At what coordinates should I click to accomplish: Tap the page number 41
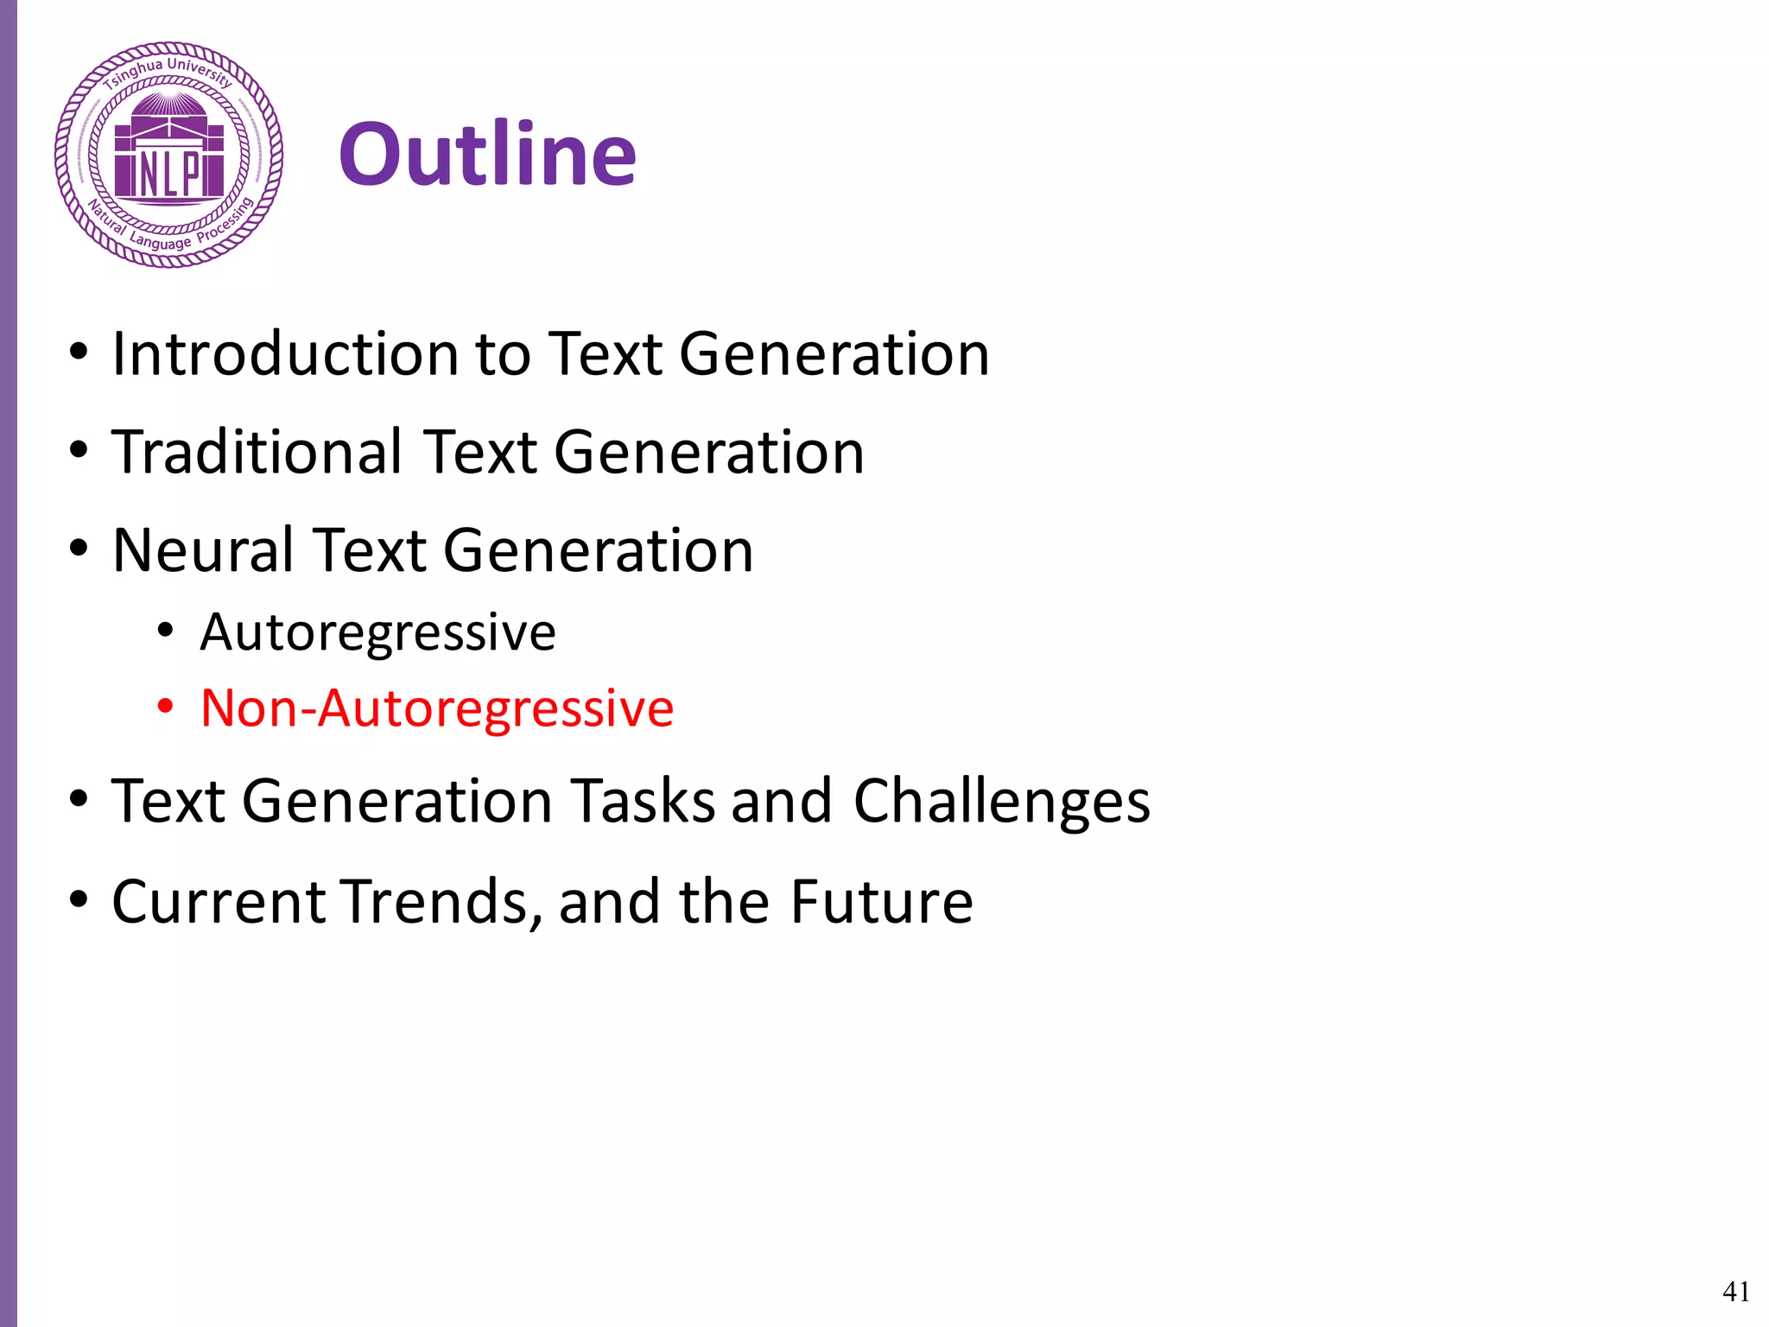point(1735,1292)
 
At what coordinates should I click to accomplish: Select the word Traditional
point(257,453)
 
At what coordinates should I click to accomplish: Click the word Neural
point(204,551)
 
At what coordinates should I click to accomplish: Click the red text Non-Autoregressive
point(436,709)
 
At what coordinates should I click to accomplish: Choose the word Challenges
point(1001,802)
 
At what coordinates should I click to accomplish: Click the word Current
point(219,902)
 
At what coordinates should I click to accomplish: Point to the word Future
point(882,902)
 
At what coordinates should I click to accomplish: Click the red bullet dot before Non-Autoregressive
point(165,708)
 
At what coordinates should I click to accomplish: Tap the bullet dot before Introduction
point(79,352)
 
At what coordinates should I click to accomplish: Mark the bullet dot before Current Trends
point(79,900)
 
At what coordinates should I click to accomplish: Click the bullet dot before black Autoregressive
point(165,631)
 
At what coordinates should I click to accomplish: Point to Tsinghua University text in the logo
point(168,72)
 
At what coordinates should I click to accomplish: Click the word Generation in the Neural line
point(599,551)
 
